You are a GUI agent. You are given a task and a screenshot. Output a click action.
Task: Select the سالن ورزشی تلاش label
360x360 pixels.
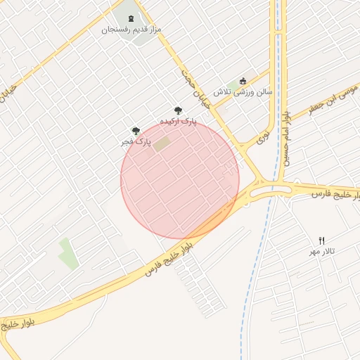243,91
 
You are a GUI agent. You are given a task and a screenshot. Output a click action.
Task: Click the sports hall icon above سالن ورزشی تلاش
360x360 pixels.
243,80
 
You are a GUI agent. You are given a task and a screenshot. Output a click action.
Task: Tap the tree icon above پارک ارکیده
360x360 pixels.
178,110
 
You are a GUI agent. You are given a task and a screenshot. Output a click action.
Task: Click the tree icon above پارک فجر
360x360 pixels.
136,130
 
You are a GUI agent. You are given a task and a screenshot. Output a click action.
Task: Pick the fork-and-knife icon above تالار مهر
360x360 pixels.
322,240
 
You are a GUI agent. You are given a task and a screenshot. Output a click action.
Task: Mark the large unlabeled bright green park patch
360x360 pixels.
68,254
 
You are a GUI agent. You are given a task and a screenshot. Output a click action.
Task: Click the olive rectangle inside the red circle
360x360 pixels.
162,145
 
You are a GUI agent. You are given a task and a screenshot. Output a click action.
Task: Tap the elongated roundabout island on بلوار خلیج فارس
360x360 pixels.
263,189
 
